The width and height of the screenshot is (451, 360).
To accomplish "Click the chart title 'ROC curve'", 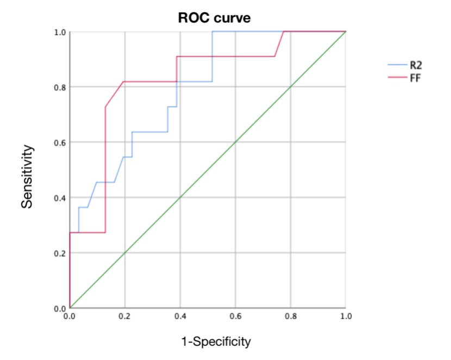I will (215, 18).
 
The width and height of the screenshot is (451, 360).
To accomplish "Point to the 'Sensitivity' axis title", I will (27, 175).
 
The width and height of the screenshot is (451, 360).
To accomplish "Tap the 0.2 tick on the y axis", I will (60, 253).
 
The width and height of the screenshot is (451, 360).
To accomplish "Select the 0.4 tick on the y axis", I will (60, 198).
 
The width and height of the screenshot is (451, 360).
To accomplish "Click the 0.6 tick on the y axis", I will (60, 142).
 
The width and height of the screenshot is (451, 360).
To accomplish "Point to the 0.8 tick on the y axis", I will (60, 87).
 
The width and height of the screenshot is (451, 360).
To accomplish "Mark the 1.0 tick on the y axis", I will (60, 32).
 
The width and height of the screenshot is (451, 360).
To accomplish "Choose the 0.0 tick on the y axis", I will (60, 308).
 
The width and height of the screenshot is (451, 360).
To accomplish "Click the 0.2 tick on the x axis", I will (125, 316).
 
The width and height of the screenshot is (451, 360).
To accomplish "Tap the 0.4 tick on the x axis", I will (180, 316).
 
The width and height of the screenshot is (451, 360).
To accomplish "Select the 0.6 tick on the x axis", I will (235, 316).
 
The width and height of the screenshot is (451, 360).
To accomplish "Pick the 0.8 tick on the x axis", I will (291, 316).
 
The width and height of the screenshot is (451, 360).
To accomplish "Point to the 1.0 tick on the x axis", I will (345, 316).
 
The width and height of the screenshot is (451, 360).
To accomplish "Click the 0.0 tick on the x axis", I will (70, 316).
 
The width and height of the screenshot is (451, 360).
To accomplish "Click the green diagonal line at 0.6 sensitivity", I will (235, 142).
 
